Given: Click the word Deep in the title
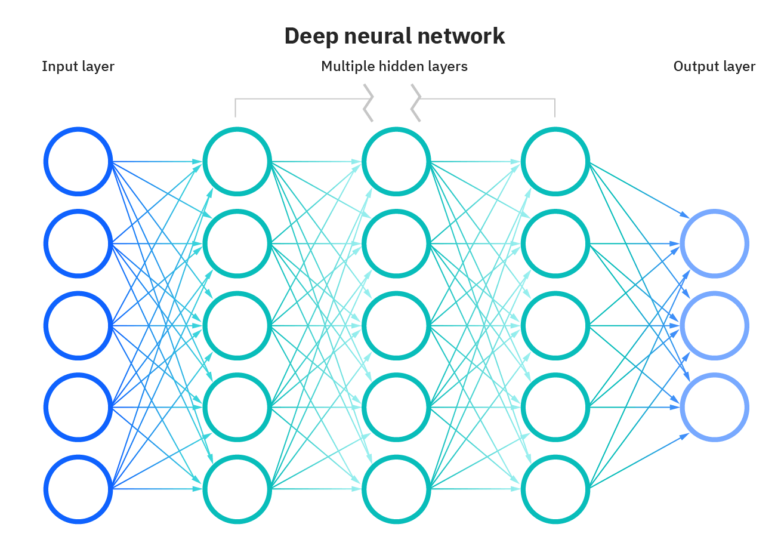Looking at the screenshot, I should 307,36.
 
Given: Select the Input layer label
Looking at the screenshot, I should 78,66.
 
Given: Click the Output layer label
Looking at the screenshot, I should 714,66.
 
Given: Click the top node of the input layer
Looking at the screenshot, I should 78,161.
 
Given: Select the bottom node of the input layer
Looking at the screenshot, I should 78,489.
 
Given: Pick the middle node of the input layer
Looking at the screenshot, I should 78,325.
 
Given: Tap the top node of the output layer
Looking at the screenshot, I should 714,243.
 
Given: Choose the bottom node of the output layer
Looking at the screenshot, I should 714,408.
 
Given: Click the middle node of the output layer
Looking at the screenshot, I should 714,326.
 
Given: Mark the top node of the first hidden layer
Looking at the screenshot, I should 237,161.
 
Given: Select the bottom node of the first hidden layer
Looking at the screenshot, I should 237,489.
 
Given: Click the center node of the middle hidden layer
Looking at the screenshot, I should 396,325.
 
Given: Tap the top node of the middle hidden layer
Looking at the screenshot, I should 396,161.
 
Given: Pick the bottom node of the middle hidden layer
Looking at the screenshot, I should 396,489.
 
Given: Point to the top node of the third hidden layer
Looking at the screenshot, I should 555,161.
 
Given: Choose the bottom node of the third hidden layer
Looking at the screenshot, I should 555,489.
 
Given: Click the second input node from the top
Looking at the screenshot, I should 78,243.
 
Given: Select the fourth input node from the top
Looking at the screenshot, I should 78,408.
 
